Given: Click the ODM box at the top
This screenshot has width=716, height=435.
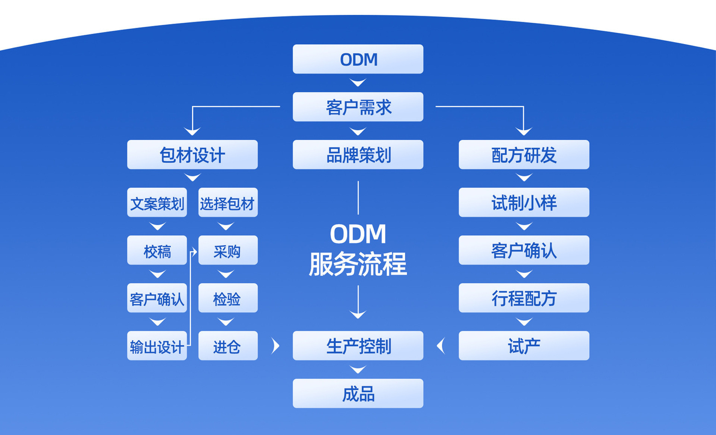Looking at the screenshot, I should [358, 59].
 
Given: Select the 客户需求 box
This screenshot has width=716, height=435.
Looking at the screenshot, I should [358, 107].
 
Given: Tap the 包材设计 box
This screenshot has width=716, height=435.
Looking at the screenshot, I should [192, 154].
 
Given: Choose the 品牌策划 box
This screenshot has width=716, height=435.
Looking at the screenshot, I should [358, 154].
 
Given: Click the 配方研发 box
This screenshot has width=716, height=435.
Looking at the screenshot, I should [524, 154].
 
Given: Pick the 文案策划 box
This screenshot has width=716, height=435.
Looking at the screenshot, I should [157, 203].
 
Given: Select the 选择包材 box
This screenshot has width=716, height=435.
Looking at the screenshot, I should [228, 203].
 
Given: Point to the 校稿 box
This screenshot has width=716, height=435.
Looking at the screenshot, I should [157, 250].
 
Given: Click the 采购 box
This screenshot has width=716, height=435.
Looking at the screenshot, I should [228, 250].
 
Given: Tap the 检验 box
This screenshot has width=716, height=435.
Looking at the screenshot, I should [228, 298].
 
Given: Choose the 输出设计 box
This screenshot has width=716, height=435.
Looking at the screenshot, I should [157, 346].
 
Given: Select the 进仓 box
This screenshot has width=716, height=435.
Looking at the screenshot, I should [228, 346].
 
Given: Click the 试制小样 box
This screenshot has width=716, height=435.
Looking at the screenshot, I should [524, 203].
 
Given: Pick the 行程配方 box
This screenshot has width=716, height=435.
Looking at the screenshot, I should [524, 298].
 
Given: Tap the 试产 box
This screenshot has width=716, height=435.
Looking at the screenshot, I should [524, 346].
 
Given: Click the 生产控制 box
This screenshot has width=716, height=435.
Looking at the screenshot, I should [358, 346].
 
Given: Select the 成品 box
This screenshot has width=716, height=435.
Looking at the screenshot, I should [358, 394].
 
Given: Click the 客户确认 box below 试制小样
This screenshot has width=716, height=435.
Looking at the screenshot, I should [524, 250].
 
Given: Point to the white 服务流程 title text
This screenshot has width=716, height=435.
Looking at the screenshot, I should [358, 264].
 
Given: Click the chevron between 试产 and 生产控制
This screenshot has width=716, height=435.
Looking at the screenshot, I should [441, 346].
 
